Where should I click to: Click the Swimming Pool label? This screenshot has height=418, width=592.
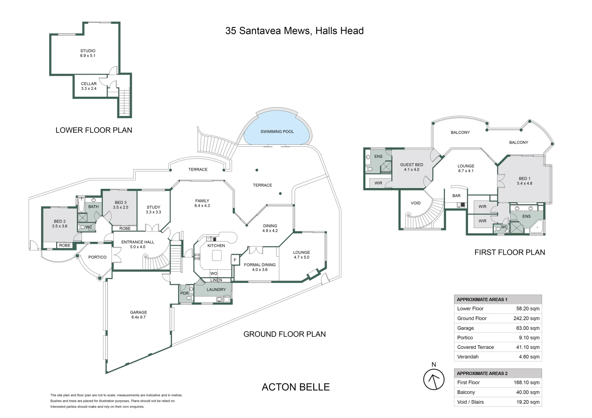(277, 132)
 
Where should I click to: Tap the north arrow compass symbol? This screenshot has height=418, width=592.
(434, 379)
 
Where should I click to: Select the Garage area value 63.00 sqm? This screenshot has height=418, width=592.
(528, 328)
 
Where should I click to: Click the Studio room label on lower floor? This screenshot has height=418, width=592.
(88, 53)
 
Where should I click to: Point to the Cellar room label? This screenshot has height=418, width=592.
(89, 86)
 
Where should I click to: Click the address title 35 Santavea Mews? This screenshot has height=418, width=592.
(294, 31)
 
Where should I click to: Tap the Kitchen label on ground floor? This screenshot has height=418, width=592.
(216, 246)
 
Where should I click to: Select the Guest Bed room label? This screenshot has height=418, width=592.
(411, 167)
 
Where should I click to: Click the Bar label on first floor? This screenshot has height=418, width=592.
(456, 196)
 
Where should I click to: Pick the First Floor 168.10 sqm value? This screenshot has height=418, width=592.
(527, 382)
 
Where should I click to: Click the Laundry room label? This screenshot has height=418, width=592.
(216, 290)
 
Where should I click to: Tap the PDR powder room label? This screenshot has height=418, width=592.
(184, 293)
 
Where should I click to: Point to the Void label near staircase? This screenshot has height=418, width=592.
(415, 203)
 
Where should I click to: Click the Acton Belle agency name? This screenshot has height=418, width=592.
(296, 387)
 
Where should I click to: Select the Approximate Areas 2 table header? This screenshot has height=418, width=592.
(482, 373)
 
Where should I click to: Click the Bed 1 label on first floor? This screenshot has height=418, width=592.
(524, 181)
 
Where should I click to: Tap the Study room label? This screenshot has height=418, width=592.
(153, 209)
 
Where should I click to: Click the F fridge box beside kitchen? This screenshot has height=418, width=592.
(235, 260)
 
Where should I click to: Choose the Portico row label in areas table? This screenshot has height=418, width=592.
(465, 337)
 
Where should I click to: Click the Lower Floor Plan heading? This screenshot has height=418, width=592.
(94, 130)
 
